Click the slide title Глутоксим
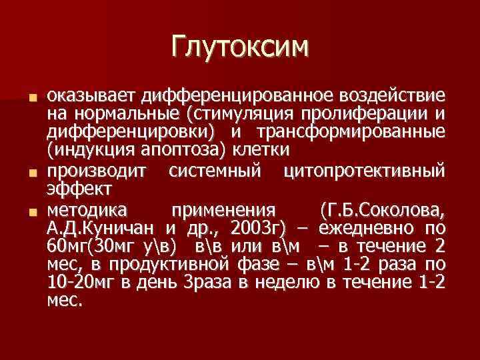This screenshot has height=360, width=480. tap(240, 47)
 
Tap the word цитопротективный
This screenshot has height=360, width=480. tap(363, 172)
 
